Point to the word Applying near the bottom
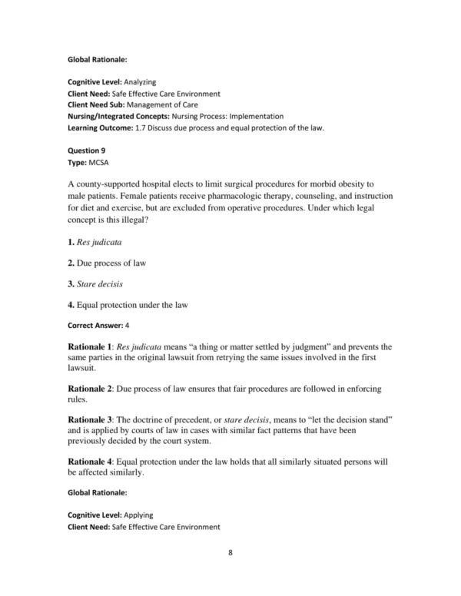point(142,515)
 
